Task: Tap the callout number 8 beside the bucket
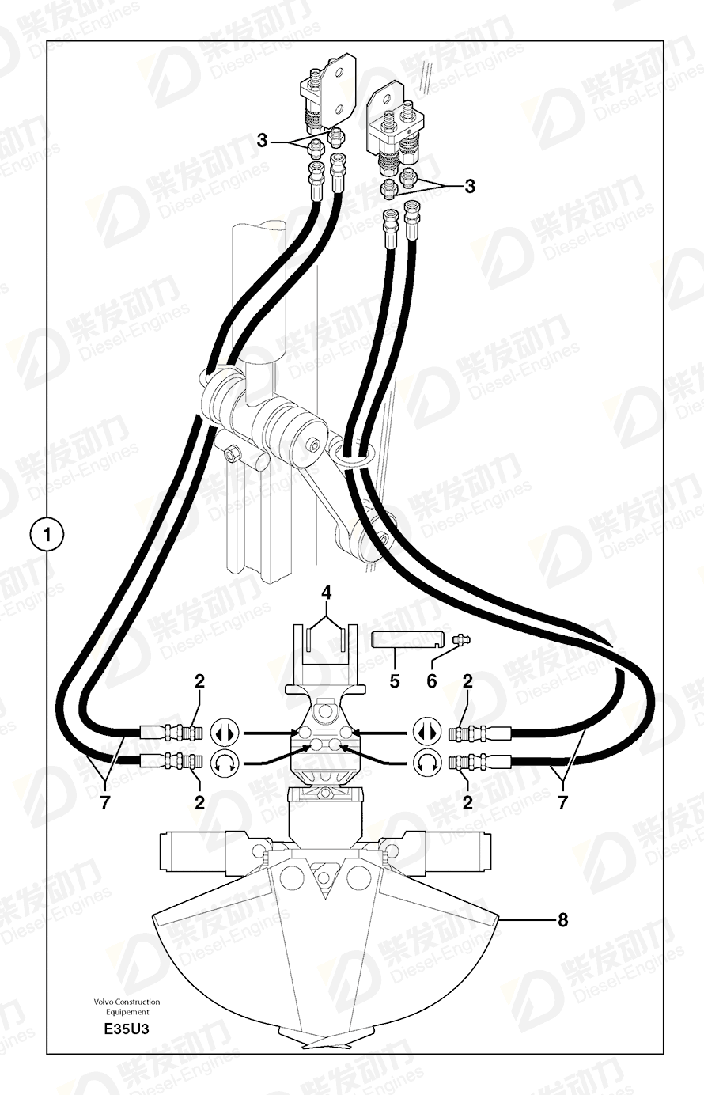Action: click(563, 919)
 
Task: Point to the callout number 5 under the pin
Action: click(394, 680)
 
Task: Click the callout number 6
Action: click(432, 680)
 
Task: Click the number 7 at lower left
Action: click(104, 802)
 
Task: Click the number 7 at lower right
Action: click(562, 802)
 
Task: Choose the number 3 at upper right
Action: click(470, 186)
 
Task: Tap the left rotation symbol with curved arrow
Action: click(223, 763)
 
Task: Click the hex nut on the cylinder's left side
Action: click(233, 453)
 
